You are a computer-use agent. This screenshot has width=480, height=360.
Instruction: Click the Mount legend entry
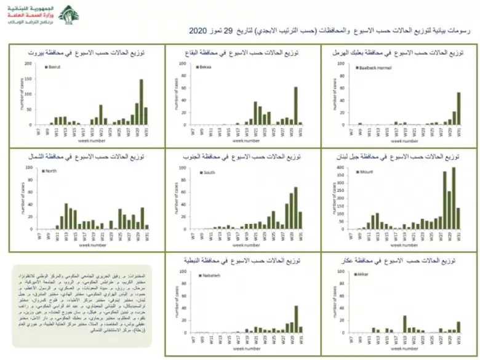coord(366,172)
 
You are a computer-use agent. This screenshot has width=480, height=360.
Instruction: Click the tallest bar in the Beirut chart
coord(141,102)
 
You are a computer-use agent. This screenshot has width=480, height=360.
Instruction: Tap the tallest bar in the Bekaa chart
coord(295,105)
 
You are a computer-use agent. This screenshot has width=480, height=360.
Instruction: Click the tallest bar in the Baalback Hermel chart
coord(458,108)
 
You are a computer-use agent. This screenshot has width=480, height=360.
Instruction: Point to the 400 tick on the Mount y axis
coord(342,167)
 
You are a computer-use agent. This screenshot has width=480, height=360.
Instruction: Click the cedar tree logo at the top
coord(69,14)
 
